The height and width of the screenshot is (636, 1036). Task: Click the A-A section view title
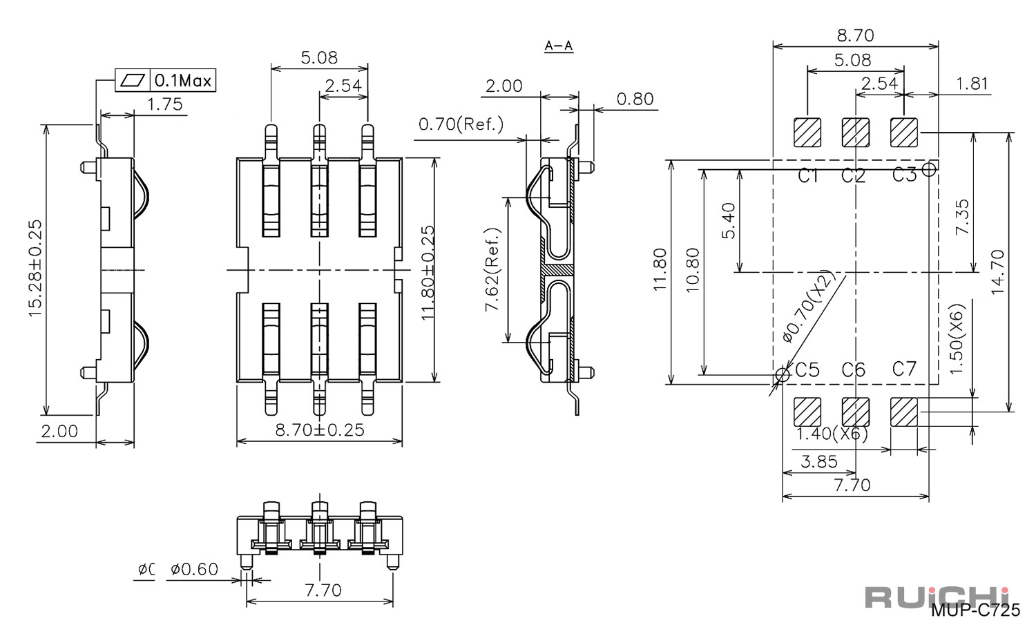pyautogui.click(x=559, y=46)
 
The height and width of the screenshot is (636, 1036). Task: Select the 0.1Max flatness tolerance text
pyautogui.click(x=183, y=81)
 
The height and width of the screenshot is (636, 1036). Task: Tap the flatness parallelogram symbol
pyautogui.click(x=133, y=81)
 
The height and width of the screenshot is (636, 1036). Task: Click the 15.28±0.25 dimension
pyautogui.click(x=35, y=268)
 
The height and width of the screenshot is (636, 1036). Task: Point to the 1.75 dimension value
pyautogui.click(x=164, y=104)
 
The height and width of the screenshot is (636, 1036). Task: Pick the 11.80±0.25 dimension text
pyautogui.click(x=428, y=273)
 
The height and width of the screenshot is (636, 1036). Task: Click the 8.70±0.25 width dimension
pyautogui.click(x=320, y=430)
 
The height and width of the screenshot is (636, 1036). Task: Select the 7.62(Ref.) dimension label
pyautogui.click(x=493, y=270)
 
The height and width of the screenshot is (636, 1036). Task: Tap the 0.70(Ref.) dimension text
pyautogui.click(x=461, y=124)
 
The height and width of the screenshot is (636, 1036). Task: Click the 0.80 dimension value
pyautogui.click(x=635, y=99)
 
